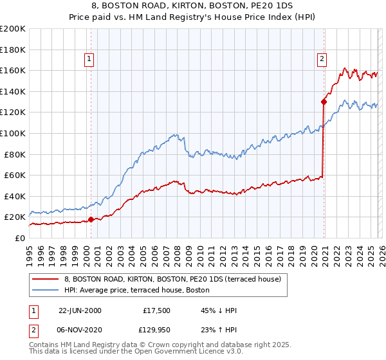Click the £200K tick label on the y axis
(x=13, y=29)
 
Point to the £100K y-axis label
(x=13, y=133)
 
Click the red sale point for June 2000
(x=91, y=219)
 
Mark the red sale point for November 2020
(x=324, y=101)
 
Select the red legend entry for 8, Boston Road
(x=172, y=280)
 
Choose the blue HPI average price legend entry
(x=137, y=290)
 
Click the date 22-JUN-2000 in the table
(x=80, y=310)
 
